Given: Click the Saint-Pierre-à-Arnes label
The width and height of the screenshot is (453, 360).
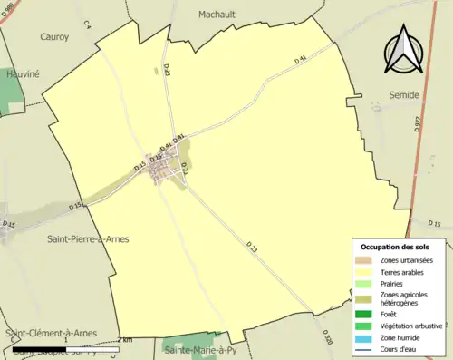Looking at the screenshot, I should pos(88,238).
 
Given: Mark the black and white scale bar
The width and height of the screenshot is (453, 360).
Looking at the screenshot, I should pos(63,347).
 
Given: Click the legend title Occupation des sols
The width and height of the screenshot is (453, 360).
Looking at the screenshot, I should pos(400,247).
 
